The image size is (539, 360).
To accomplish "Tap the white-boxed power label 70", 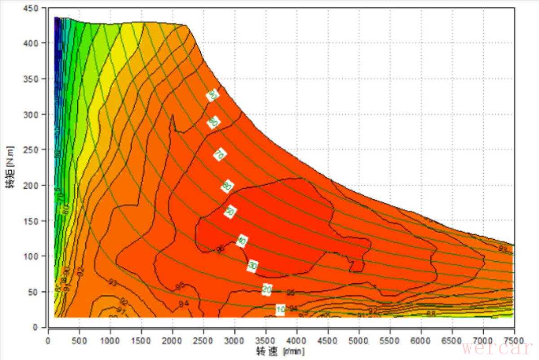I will point(219,155).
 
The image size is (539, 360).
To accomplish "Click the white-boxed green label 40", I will point(242,241).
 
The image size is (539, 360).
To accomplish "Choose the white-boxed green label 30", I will point(253,266).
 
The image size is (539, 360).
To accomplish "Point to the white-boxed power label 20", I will point(267,290).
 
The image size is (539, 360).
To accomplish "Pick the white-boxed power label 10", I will point(281,309).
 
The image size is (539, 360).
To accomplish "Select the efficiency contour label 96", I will point(220,249).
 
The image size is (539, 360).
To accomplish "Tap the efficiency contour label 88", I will point(431,313).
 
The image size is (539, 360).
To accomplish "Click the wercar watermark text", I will point(497,348).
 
